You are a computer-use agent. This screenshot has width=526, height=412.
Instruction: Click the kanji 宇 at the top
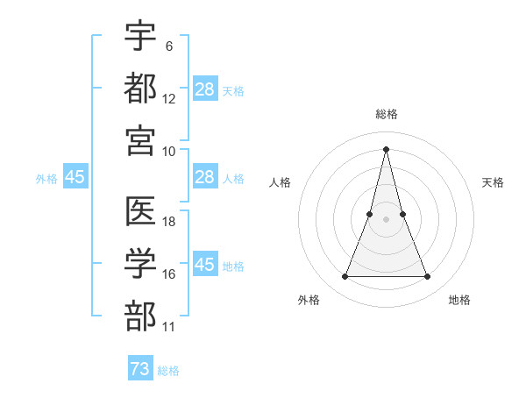pos(141,37)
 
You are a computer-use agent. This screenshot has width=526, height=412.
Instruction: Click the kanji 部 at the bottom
pos(141,314)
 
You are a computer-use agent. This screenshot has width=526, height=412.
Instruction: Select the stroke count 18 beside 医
pos(169,222)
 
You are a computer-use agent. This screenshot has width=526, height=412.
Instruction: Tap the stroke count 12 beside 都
pos(169,98)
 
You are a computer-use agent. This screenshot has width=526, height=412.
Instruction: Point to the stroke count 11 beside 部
pos(169,326)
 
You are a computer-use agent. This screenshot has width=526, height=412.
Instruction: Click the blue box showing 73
pos(140,369)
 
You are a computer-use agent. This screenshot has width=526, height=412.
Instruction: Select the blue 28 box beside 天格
pos(205,89)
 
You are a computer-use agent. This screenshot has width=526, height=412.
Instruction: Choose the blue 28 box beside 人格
pos(205,177)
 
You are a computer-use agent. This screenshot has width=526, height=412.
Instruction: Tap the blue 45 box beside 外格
pos(75,177)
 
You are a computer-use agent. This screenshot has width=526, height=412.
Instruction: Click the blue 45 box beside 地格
pos(205,264)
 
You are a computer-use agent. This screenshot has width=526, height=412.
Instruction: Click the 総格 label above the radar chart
pos(386,114)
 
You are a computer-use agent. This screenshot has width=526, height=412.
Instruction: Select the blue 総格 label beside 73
pos(168,371)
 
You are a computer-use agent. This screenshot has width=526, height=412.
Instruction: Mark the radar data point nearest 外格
pos(345,277)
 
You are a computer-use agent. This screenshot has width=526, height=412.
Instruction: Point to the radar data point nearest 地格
pos(428,277)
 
